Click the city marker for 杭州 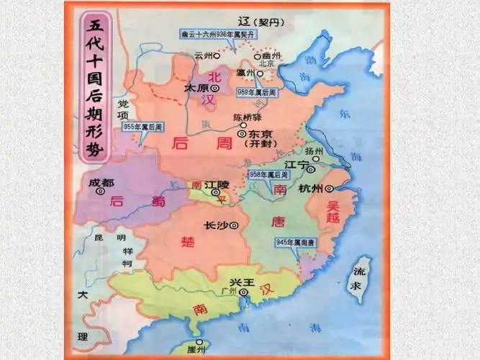(328, 188)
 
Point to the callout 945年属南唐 (296, 242)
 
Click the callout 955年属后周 (142, 127)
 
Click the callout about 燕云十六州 (208, 33)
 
